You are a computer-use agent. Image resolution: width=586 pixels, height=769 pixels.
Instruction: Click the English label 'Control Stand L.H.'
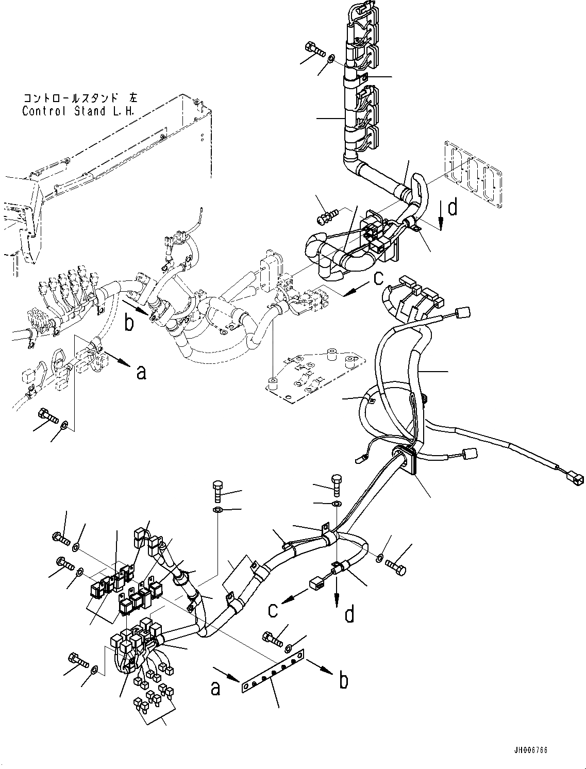(x=78, y=111)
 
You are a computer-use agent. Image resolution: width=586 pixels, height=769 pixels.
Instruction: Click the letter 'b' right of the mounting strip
(x=343, y=680)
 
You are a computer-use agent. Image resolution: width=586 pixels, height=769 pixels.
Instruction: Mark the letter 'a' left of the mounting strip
(x=216, y=687)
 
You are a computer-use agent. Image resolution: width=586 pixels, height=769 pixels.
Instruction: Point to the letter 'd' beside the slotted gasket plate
(x=452, y=207)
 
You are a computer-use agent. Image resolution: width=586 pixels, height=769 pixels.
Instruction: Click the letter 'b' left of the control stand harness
(x=129, y=324)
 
